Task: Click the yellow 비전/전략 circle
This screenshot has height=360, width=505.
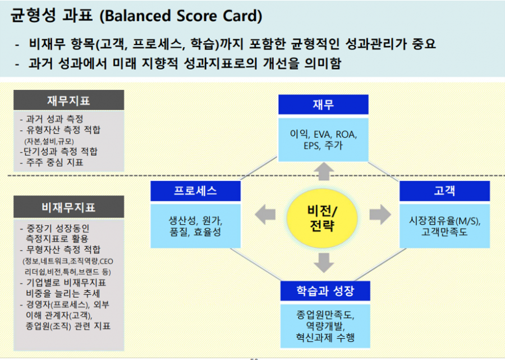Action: pyautogui.click(x=322, y=218)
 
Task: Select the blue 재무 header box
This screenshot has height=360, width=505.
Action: pyautogui.click(x=323, y=104)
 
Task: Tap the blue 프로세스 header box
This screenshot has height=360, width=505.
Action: pyautogui.click(x=195, y=191)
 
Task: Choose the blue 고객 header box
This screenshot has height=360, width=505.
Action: pyautogui.click(x=445, y=191)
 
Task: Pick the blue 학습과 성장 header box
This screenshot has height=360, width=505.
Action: pyautogui.click(x=325, y=291)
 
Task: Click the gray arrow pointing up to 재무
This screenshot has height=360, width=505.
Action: pyautogui.click(x=324, y=171)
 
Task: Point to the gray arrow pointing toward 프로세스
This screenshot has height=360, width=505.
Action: pyautogui.click(x=265, y=215)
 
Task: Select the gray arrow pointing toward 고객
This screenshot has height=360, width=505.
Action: pyautogui.click(x=380, y=215)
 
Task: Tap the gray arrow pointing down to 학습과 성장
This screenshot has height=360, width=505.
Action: pyautogui.click(x=324, y=263)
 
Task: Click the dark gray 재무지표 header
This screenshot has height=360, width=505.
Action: pyautogui.click(x=68, y=100)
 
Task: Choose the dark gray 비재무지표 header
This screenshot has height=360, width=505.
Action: pyautogui.click(x=68, y=207)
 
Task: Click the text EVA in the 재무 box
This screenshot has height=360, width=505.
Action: pyautogui.click(x=322, y=134)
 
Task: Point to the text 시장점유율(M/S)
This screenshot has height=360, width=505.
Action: pyautogui.click(x=445, y=221)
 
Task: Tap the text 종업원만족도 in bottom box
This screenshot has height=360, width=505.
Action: pyautogui.click(x=325, y=315)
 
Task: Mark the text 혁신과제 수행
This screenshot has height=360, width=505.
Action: pyautogui.click(x=325, y=338)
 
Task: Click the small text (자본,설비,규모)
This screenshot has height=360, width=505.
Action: pyautogui.click(x=49, y=141)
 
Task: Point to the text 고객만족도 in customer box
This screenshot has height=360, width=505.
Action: pyautogui.click(x=444, y=232)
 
